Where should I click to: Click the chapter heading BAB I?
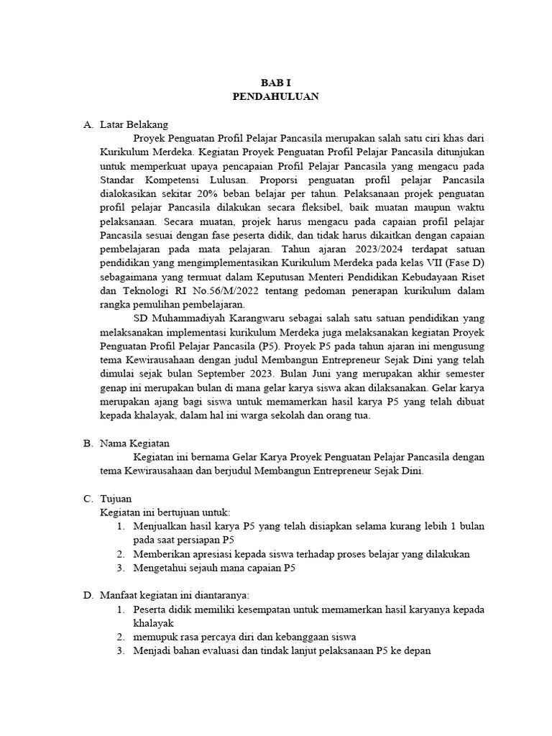tap(276, 83)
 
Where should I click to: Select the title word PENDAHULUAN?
tap(276, 96)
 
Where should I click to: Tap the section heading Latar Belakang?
tap(134, 124)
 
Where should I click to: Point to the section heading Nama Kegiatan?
tap(134, 443)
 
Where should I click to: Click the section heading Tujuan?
tap(116, 499)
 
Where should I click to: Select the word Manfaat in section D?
tap(119, 595)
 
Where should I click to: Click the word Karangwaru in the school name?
tap(249, 318)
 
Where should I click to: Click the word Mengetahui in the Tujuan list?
tap(160, 568)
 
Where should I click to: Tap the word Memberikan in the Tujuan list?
tap(160, 554)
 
